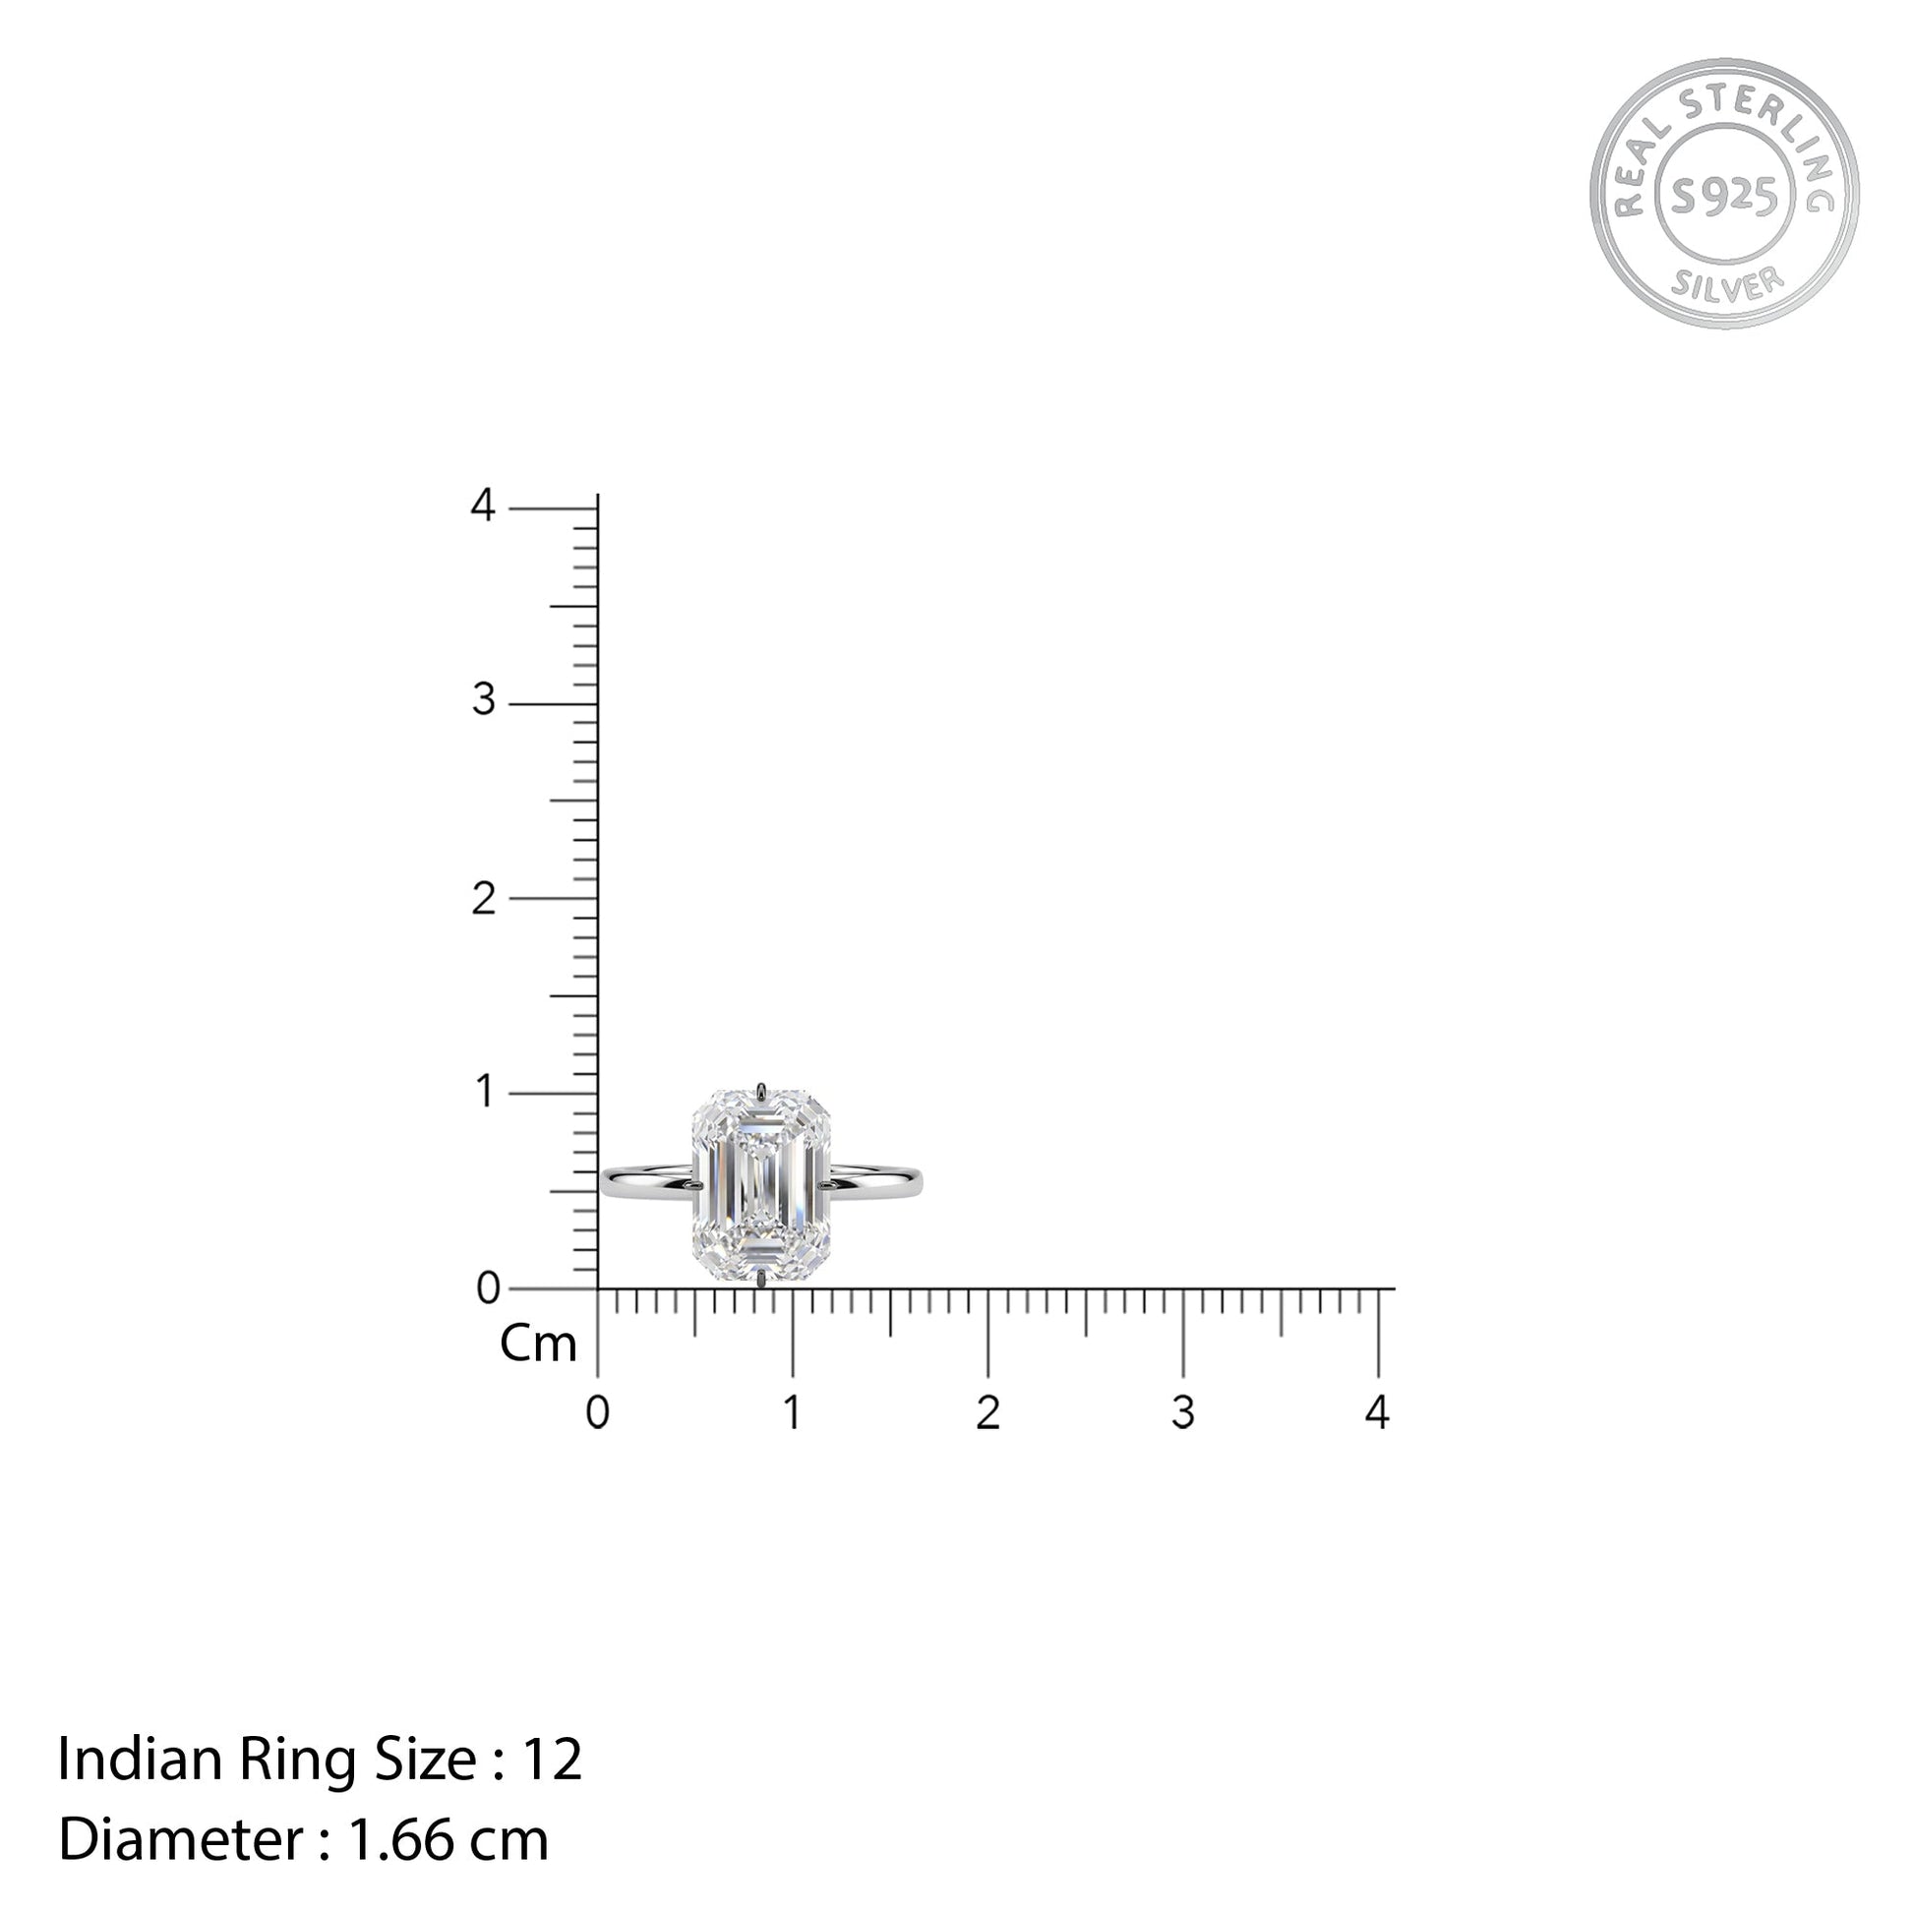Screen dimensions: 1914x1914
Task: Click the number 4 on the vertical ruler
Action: pos(483,506)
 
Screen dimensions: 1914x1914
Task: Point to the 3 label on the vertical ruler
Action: pos(484,700)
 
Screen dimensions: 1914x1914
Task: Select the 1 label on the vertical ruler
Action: pos(485,1092)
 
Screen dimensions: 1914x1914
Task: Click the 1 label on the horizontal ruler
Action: pos(792,1412)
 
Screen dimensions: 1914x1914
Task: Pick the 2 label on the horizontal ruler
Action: pos(987,1412)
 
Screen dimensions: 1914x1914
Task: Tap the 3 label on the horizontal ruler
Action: pos(1183,1412)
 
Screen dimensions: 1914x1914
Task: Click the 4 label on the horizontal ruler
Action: pos(1377,1411)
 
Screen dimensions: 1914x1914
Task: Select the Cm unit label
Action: pos(538,1345)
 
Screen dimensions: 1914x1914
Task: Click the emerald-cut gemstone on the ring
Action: pos(762,1186)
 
